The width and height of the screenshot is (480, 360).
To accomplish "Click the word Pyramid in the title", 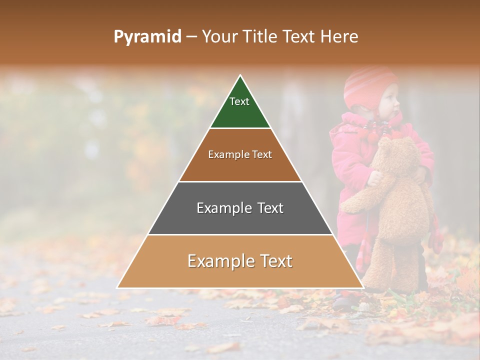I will pos(147,37).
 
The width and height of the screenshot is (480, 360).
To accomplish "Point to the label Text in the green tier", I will pos(239,102).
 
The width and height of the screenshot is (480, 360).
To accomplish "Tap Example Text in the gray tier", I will pos(240,208).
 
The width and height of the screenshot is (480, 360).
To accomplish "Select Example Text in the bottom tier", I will pos(240,261).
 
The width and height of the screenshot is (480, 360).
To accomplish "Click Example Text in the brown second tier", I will pos(240,154).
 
